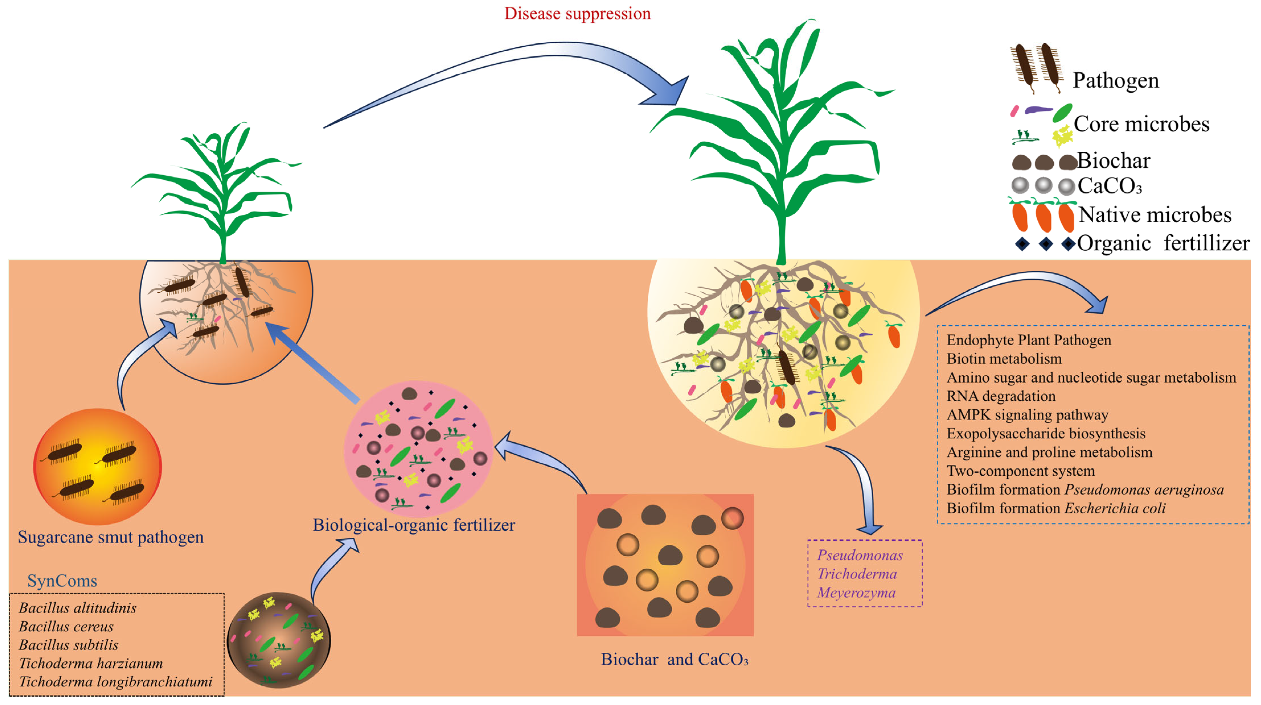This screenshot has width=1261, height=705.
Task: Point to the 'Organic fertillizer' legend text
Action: click(1163, 243)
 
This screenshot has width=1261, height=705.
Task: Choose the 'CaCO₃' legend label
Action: click(1109, 186)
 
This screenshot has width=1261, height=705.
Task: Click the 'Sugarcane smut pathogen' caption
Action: click(111, 537)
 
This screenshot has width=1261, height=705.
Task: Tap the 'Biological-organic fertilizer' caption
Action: click(414, 525)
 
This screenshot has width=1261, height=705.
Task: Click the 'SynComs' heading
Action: click(62, 581)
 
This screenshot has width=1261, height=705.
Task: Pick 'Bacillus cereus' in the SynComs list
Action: click(66, 627)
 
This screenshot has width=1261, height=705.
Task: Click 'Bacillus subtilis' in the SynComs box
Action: click(69, 645)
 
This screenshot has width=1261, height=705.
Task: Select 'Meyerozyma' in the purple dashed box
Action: click(856, 593)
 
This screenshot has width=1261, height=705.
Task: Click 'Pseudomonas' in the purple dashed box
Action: click(860, 556)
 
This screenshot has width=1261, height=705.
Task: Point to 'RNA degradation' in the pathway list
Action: click(1001, 396)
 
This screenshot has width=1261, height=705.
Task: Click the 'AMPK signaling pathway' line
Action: click(1027, 415)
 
